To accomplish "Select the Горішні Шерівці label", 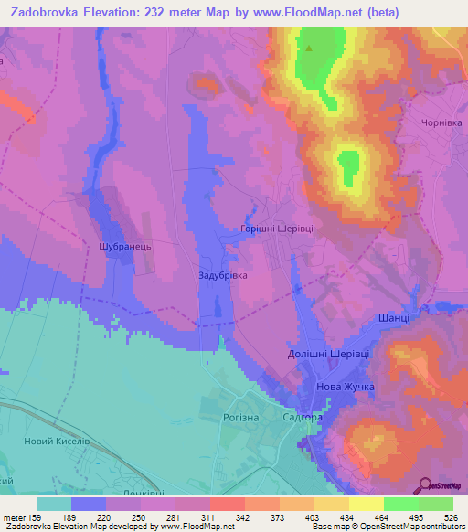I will tap(276, 229).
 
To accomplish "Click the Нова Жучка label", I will tap(345, 388).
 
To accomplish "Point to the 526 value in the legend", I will tap(452, 516).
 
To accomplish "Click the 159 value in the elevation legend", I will tap(37, 516).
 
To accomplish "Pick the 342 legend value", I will tap(244, 516).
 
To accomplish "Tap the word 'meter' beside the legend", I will tap(13, 516).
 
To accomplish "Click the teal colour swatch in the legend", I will tap(54, 504).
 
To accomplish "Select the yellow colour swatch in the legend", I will tap(366, 504).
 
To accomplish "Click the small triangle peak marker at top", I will tap(309, 48).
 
